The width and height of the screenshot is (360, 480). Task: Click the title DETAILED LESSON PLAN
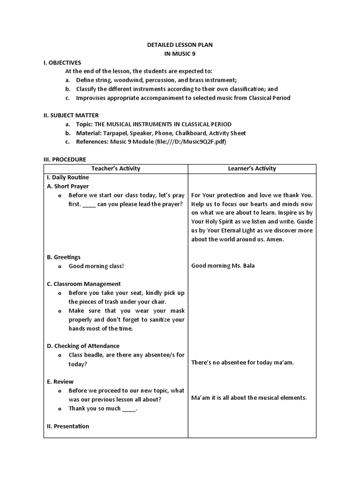coord(180,45)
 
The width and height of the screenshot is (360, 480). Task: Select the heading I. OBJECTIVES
coord(62,62)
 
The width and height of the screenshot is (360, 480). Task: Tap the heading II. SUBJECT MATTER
coord(71,115)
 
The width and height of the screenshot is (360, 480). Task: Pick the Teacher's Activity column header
coord(116,168)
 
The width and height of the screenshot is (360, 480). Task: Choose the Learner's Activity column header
coord(252,168)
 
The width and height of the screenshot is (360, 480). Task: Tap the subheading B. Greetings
coord(64,257)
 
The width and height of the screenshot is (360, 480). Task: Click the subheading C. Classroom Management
coord(84,284)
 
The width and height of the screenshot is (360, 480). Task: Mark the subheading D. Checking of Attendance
coord(83,346)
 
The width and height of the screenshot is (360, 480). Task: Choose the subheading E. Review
coord(60,382)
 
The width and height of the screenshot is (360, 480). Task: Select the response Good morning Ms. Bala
coord(223,266)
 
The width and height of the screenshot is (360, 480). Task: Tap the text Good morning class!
coord(97,266)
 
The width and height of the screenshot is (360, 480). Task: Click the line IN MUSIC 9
coord(180,53)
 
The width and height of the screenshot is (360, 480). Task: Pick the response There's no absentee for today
coord(243,362)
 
